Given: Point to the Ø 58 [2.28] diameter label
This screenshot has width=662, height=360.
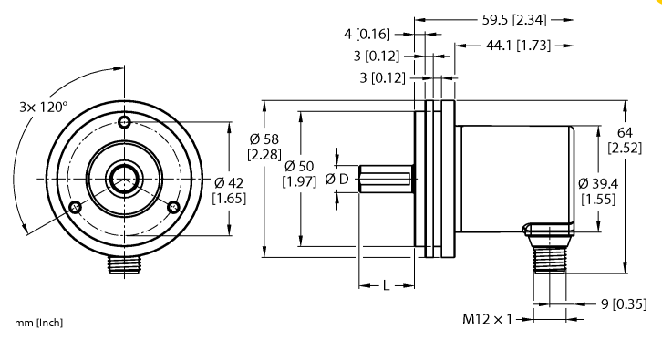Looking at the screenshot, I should [x=264, y=146].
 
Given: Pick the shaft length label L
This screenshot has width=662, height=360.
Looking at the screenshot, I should [x=386, y=286].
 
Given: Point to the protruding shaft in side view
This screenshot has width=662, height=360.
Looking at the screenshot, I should [x=385, y=178].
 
